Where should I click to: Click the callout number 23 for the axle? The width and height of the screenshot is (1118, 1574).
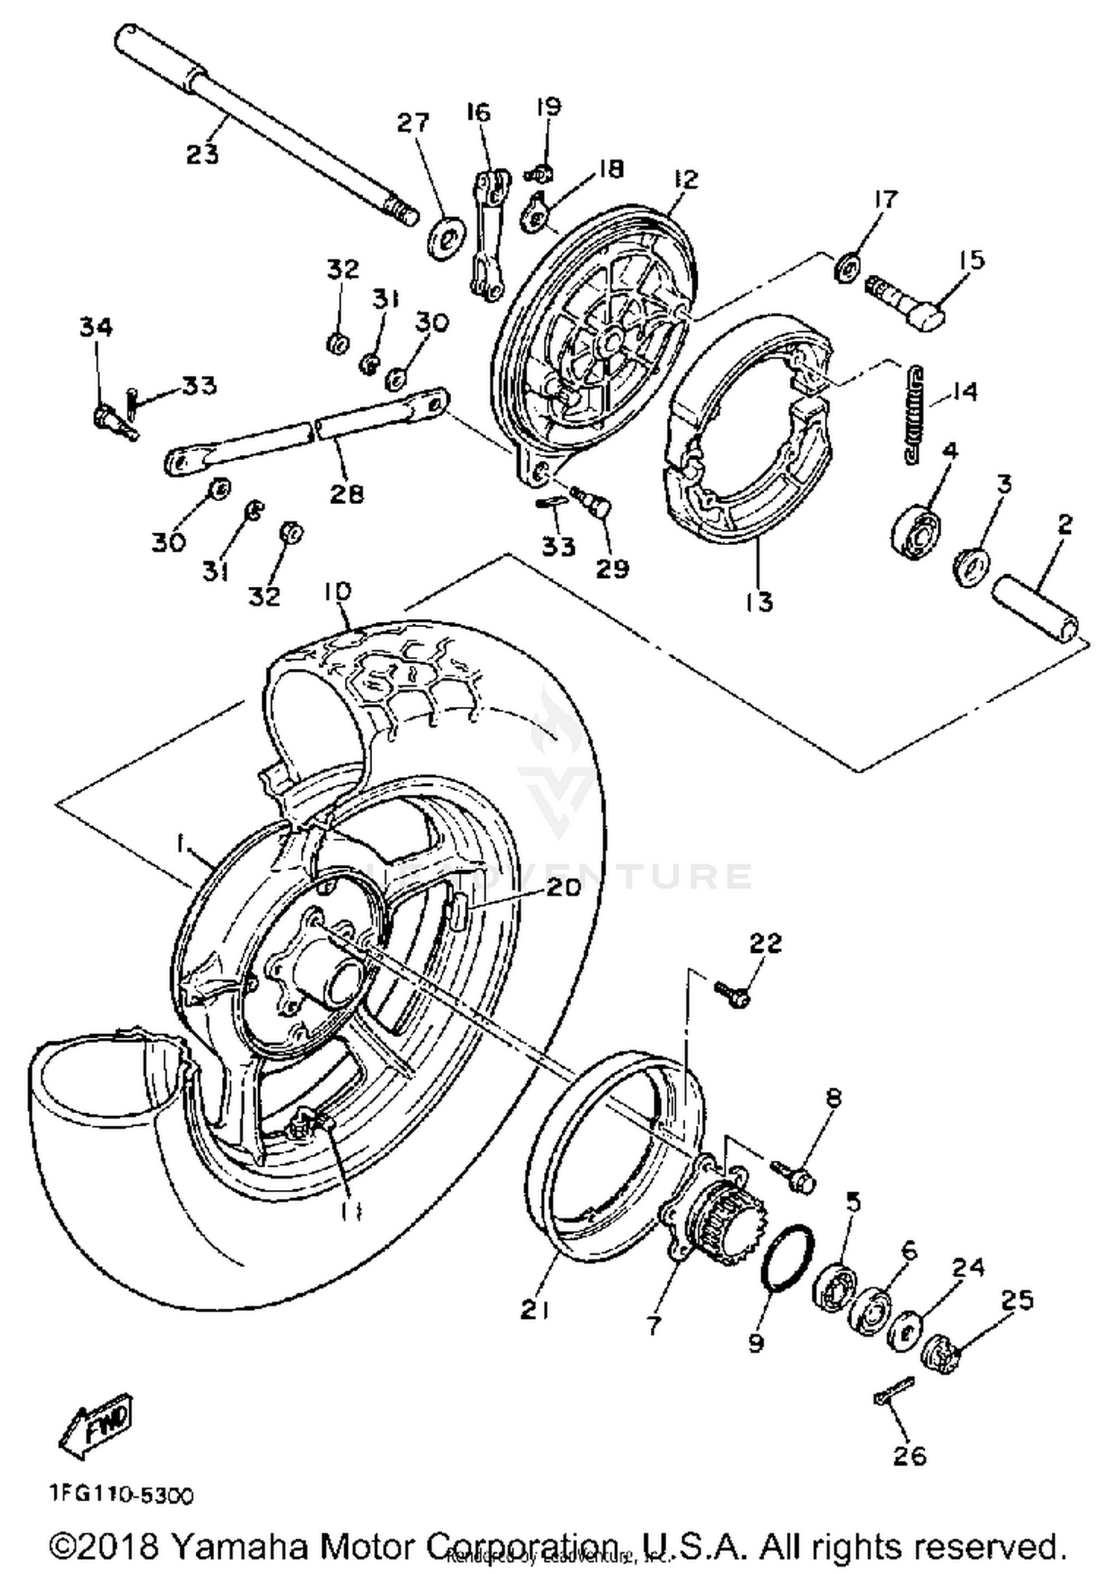coord(202,154)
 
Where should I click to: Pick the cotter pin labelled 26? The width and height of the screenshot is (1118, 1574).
coord(893,1393)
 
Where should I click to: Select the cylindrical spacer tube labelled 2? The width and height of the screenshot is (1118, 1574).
coord(1037,608)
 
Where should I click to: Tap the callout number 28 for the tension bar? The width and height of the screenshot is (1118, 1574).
coord(347,494)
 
